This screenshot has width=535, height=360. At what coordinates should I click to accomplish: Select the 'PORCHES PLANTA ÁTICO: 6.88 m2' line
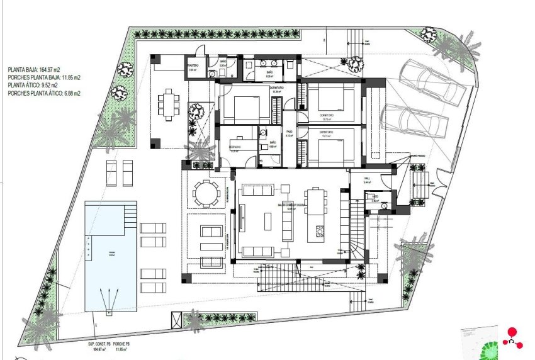pyautogui.click(x=44, y=93)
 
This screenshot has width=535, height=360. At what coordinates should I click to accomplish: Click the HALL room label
pyautogui.click(x=367, y=179)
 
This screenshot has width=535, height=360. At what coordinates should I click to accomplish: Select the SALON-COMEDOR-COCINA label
pyautogui.click(x=291, y=205)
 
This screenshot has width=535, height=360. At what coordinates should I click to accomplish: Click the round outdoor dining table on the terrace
pyautogui.click(x=205, y=193)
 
